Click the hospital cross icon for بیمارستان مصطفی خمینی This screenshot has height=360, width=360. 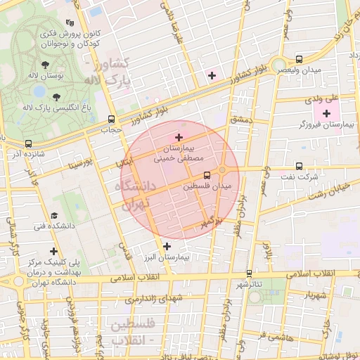179,137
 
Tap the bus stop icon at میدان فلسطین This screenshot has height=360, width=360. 207,175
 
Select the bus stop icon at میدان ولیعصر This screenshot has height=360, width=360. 300,60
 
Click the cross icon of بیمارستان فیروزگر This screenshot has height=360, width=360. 326,113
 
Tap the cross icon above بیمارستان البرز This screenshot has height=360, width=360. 167,246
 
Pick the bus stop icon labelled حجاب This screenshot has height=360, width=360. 111,120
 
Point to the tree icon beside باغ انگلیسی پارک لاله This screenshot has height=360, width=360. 56,96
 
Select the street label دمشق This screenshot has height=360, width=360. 240,120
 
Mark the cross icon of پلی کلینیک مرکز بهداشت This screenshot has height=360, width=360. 53,251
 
